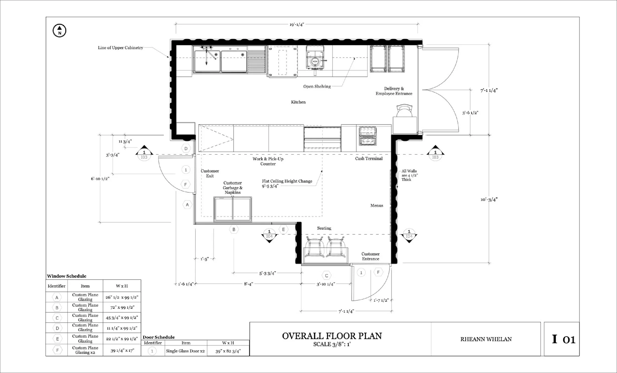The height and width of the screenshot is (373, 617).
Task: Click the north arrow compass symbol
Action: pyautogui.click(x=59, y=31)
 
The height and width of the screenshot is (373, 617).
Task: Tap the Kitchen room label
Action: pyautogui.click(x=298, y=102)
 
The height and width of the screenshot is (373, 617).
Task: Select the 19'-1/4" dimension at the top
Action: pyautogui.click(x=297, y=24)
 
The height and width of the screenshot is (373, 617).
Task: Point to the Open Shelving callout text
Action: pyautogui.click(x=317, y=86)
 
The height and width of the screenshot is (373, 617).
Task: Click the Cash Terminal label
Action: pyautogui.click(x=369, y=158)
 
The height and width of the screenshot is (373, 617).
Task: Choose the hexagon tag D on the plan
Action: pyautogui.click(x=186, y=148)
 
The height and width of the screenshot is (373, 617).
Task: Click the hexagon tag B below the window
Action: pyautogui.click(x=234, y=229)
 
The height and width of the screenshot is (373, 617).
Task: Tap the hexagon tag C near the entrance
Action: pyautogui.click(x=327, y=276)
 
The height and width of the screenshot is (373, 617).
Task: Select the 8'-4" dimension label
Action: pyautogui.click(x=248, y=284)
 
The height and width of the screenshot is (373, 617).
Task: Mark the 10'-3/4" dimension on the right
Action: pyautogui.click(x=489, y=200)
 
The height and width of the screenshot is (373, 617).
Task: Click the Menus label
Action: pyautogui.click(x=377, y=206)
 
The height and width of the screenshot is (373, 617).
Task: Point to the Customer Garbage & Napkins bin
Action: pyautogui.click(x=233, y=209)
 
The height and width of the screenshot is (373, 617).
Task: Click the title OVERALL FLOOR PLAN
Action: pyautogui.click(x=332, y=336)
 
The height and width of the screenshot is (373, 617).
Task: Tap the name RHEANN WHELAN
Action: pyautogui.click(x=486, y=339)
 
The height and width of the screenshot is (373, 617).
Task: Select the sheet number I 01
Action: pyautogui.click(x=564, y=339)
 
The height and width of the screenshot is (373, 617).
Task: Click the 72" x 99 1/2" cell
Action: pyautogui.click(x=122, y=307)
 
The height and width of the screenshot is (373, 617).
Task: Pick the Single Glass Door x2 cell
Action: pyautogui.click(x=185, y=351)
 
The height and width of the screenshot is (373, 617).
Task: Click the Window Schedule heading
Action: pyautogui.click(x=67, y=276)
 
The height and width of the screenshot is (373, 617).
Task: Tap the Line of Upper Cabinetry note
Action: pyautogui.click(x=120, y=48)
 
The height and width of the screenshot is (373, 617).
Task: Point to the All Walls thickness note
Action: pyautogui.click(x=410, y=175)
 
